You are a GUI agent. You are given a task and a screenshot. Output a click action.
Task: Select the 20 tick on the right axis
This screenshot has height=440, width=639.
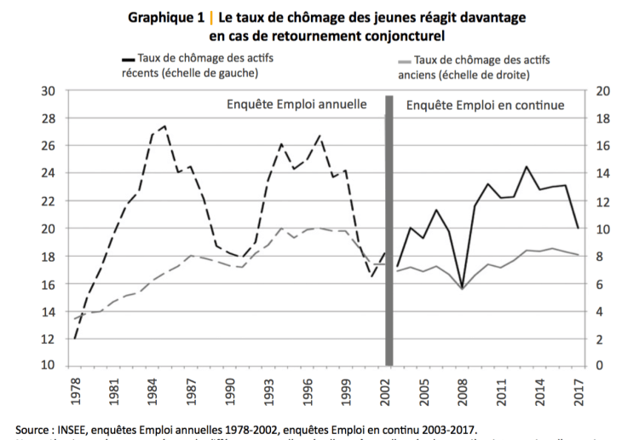[x=602, y=90]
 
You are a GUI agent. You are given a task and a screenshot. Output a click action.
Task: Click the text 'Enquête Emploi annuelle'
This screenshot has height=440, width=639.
[x=296, y=105]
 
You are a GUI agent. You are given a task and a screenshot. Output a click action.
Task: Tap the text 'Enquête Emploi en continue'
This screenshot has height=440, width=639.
[x=486, y=105]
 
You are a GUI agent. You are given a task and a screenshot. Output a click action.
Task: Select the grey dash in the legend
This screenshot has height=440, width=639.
[x=405, y=61]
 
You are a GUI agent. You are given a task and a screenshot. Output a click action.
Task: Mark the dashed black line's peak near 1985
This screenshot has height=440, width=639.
[x=164, y=126]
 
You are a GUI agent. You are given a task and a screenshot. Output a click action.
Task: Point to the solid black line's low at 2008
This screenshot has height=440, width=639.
[x=461, y=287]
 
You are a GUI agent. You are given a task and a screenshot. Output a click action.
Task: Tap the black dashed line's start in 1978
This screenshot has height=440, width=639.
[x=75, y=339]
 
